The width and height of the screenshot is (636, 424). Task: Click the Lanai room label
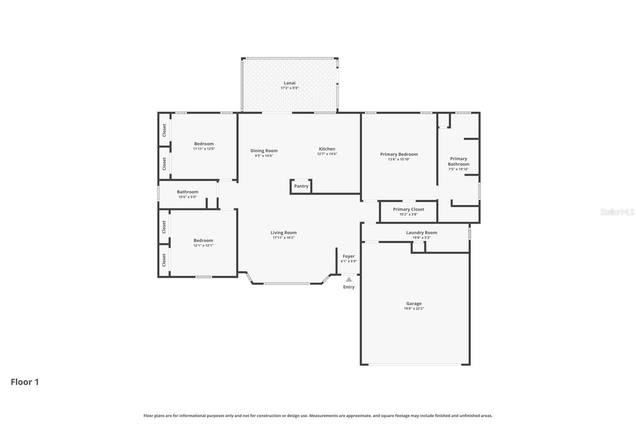(x=289, y=83)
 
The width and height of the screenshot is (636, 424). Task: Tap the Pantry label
(x=301, y=186)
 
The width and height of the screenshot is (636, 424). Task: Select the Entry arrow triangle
(x=349, y=280)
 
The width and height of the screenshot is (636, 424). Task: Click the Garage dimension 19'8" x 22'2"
(x=414, y=309)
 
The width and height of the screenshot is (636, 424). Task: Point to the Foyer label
(x=349, y=257)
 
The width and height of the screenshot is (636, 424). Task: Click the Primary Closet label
(x=408, y=209)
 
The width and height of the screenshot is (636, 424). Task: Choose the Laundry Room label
(x=421, y=233)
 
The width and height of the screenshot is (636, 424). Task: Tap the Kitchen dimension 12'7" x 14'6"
(x=327, y=154)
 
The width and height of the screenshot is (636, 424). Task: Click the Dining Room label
(x=264, y=151)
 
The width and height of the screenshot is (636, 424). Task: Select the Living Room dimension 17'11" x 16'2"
(x=283, y=238)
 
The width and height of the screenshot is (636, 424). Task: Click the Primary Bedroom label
(x=399, y=154)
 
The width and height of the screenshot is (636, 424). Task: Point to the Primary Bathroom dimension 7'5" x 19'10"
(x=458, y=169)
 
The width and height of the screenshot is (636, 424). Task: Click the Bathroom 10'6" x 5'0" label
(x=188, y=192)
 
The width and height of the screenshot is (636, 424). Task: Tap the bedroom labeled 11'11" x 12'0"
(x=204, y=144)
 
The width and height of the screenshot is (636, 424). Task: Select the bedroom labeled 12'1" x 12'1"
(x=203, y=241)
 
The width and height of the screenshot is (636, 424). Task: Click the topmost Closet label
(x=164, y=130)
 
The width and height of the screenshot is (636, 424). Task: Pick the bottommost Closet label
(x=164, y=261)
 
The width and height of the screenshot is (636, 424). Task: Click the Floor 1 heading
(x=25, y=382)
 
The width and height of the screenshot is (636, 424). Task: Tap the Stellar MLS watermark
(x=617, y=212)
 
